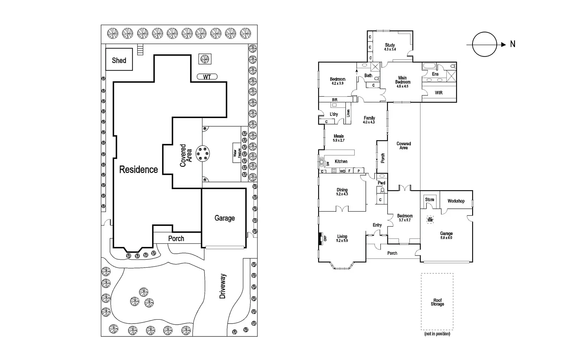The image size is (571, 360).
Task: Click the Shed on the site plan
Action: pyautogui.click(x=119, y=60)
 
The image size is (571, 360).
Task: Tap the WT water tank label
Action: pyautogui.click(x=207, y=77)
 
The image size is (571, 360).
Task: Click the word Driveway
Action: pyautogui.click(x=223, y=286)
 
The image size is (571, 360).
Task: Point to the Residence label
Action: pyautogui.click(x=138, y=169)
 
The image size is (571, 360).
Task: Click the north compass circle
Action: pyautogui.click(x=484, y=44)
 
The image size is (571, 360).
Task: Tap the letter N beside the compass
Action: pyautogui.click(x=513, y=44)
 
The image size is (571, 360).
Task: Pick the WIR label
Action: pyautogui.click(x=439, y=93)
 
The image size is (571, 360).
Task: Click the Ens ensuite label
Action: pyautogui.click(x=435, y=74)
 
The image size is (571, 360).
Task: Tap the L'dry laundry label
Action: pyautogui.click(x=334, y=114)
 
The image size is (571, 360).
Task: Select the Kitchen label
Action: pyautogui.click(x=341, y=161)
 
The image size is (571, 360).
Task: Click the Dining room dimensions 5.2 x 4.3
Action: pyautogui.click(x=342, y=194)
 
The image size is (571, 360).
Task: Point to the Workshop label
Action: pyautogui.click(x=456, y=201)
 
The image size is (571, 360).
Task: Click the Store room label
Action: pyautogui.click(x=429, y=199)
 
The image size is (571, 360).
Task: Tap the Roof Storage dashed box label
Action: pyautogui.click(x=437, y=302)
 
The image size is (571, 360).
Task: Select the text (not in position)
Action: pyautogui.click(x=437, y=334)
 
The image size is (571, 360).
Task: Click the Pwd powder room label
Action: pyautogui.click(x=381, y=183)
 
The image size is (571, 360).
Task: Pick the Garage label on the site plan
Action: pyautogui.click(x=224, y=218)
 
